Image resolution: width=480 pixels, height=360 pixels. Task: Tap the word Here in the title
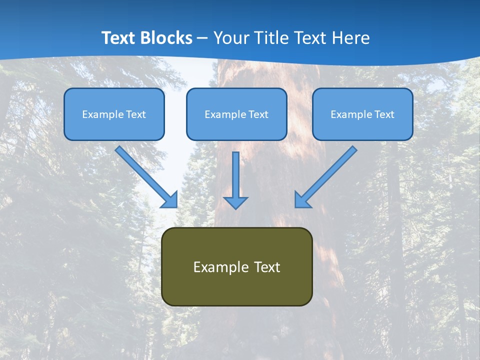tap(352, 38)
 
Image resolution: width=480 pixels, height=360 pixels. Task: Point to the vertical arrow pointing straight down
tap(235, 175)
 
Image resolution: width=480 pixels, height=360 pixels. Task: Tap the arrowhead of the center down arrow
tap(235, 202)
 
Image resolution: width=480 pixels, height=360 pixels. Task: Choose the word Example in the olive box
tap(220, 267)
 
